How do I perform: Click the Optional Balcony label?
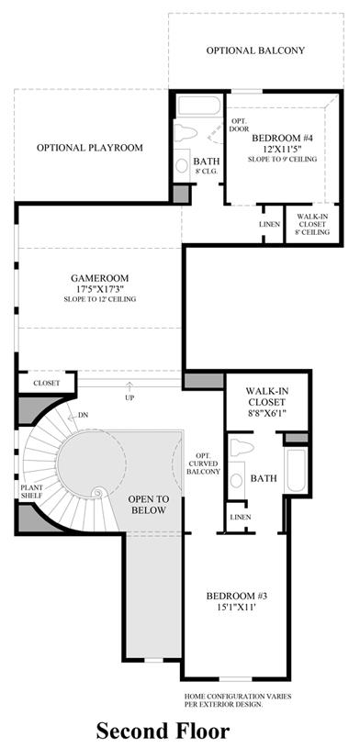[255, 50]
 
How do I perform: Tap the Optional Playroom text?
[90, 148]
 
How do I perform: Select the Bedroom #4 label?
[282, 139]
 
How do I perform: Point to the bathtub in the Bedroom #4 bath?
[199, 105]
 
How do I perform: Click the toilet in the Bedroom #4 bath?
[186, 132]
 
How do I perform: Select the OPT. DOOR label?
[239, 125]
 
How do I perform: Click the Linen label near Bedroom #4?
[269, 224]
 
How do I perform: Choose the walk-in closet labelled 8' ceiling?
[313, 224]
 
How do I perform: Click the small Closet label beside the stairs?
[46, 383]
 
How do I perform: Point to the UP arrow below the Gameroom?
[129, 385]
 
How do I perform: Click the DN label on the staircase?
[84, 416]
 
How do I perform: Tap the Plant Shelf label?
[31, 492]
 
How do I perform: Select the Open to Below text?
[148, 505]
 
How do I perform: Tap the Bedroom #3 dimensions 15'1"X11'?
[236, 608]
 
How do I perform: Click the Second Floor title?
[163, 731]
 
